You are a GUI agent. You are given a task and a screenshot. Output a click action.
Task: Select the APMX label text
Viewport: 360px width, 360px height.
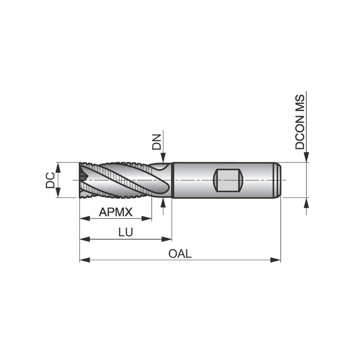pyautogui.click(x=116, y=211)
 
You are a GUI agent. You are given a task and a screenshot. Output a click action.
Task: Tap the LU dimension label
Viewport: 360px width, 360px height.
pyautogui.click(x=126, y=232)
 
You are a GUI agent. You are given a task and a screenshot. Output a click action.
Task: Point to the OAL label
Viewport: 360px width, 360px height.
pyautogui.click(x=180, y=253)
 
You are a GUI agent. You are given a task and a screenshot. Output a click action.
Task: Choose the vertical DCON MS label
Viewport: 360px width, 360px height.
pyautogui.click(x=300, y=122)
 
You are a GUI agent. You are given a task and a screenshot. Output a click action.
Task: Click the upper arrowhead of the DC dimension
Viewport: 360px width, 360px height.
pyautogui.click(x=58, y=167)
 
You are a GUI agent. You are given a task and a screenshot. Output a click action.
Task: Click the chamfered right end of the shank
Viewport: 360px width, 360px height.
pyautogui.click(x=279, y=180)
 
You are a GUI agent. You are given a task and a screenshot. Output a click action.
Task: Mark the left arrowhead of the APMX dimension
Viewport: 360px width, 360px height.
pyautogui.click(x=84, y=219)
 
